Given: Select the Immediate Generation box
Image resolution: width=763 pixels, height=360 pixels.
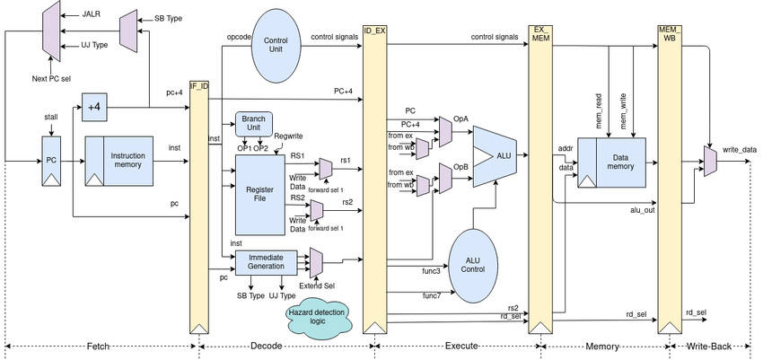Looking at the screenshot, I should coord(265,261).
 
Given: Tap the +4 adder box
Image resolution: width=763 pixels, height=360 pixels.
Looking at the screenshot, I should coord(93,108).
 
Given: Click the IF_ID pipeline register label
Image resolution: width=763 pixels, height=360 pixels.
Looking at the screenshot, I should coord(199,85).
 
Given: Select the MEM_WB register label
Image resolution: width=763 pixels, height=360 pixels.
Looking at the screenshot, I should coord(670,33).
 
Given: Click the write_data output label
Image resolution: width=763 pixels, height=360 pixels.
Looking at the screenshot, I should coord(740,150).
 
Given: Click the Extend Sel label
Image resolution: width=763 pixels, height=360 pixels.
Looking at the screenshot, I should coord(317,285).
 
